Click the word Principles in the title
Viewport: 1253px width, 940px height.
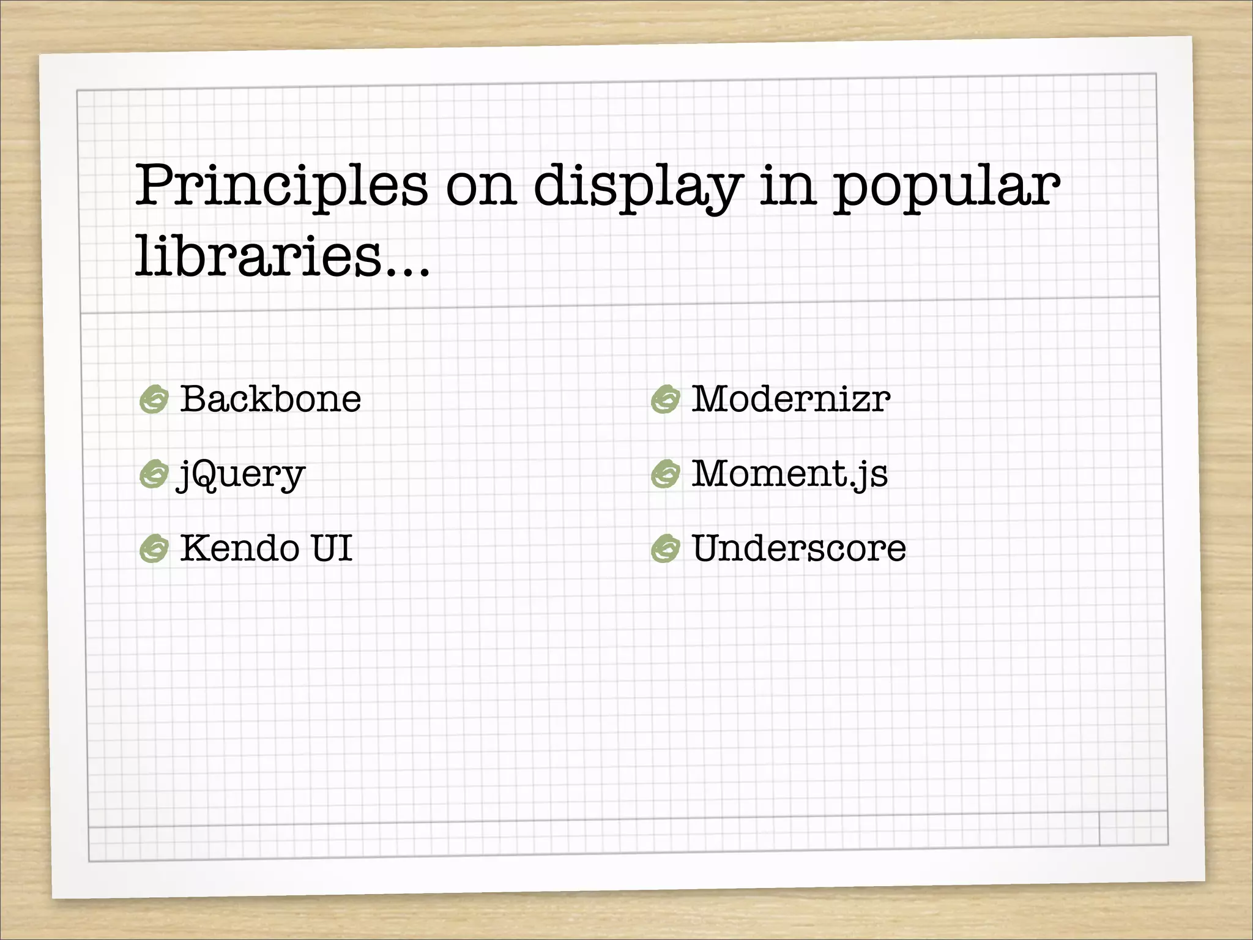point(281,187)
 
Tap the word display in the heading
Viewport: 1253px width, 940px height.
point(638,187)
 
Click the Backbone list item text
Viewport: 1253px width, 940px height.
point(270,399)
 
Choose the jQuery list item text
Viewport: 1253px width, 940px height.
point(241,474)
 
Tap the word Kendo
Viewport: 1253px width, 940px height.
point(239,548)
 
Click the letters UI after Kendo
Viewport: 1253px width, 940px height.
point(332,548)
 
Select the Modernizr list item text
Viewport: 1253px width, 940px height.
point(790,399)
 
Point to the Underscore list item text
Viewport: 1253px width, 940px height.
point(798,548)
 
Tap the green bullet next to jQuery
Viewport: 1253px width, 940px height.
point(154,474)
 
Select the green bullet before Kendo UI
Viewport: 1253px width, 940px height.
point(154,548)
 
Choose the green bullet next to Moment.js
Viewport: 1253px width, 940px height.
point(665,474)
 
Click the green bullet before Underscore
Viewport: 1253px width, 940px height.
point(665,548)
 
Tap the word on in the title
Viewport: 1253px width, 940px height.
point(481,187)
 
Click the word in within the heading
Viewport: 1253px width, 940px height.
point(787,187)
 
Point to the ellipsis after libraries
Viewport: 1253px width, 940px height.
point(406,269)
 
